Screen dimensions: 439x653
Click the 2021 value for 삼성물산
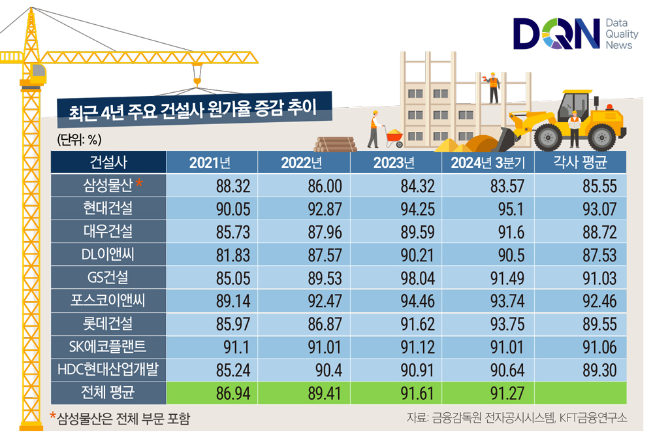pos(233,186)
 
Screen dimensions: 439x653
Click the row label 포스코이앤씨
pos(108,301)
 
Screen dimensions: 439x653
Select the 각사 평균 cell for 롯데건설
pos(599,323)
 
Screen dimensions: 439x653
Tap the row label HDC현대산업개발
pos(108,370)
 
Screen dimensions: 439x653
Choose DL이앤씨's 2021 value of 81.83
pos(233,255)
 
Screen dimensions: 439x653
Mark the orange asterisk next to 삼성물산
pos(139,184)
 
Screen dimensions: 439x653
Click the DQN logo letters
pos(556,34)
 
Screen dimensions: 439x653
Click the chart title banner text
pos(193,109)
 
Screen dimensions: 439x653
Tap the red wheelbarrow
pos(394,136)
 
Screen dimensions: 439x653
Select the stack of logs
pos(335,144)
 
